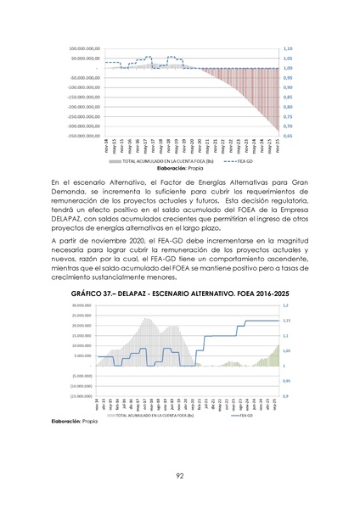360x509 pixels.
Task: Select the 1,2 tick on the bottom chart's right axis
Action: click(x=285, y=305)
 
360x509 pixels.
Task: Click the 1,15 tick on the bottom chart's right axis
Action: click(x=286, y=321)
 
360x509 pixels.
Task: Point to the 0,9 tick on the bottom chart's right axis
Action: click(x=285, y=396)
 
